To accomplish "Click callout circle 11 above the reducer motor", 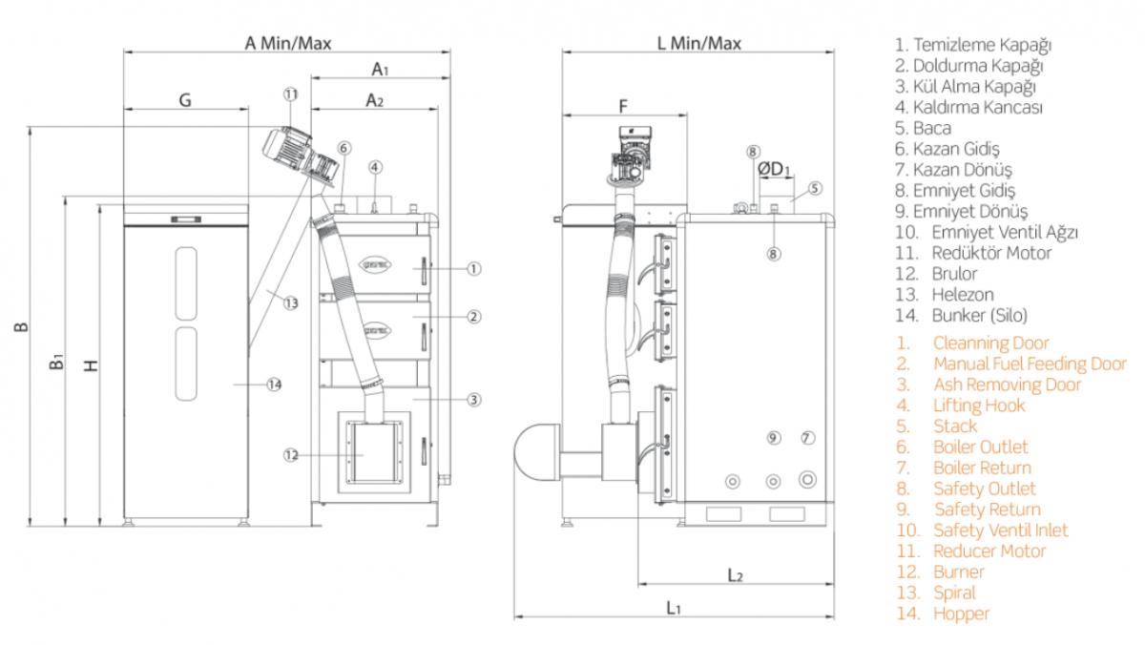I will [291, 94].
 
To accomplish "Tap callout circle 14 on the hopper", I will [275, 385].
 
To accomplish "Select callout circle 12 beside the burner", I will [291, 455].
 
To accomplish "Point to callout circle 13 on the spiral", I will [290, 302].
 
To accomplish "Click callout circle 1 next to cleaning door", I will [473, 268].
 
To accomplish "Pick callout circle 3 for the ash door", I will [473, 400].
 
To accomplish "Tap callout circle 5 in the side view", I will [815, 188].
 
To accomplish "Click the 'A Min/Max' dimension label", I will [288, 43].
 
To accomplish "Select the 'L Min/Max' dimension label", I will [699, 43].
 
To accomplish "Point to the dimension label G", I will [185, 99].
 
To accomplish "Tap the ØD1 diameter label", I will [775, 169].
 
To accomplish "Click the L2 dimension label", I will [735, 574].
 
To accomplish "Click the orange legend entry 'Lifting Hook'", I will [979, 406].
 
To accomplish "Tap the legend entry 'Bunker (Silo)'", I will [980, 315].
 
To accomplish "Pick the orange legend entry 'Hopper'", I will [961, 614].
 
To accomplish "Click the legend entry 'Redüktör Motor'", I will [991, 253].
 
